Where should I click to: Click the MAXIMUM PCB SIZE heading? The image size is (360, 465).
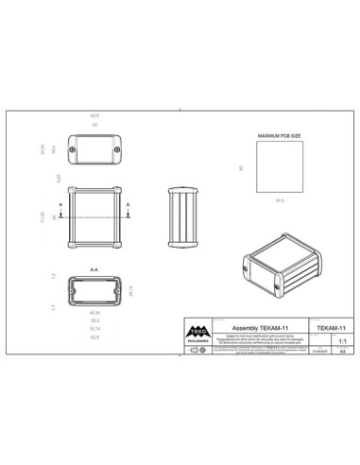point(280,136)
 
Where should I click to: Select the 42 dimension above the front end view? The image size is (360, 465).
point(94,124)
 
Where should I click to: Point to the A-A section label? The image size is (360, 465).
point(94,270)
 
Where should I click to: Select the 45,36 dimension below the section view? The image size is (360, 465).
point(94,313)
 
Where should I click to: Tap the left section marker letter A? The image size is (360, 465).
point(62,204)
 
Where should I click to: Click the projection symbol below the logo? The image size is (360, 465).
point(197,350)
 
